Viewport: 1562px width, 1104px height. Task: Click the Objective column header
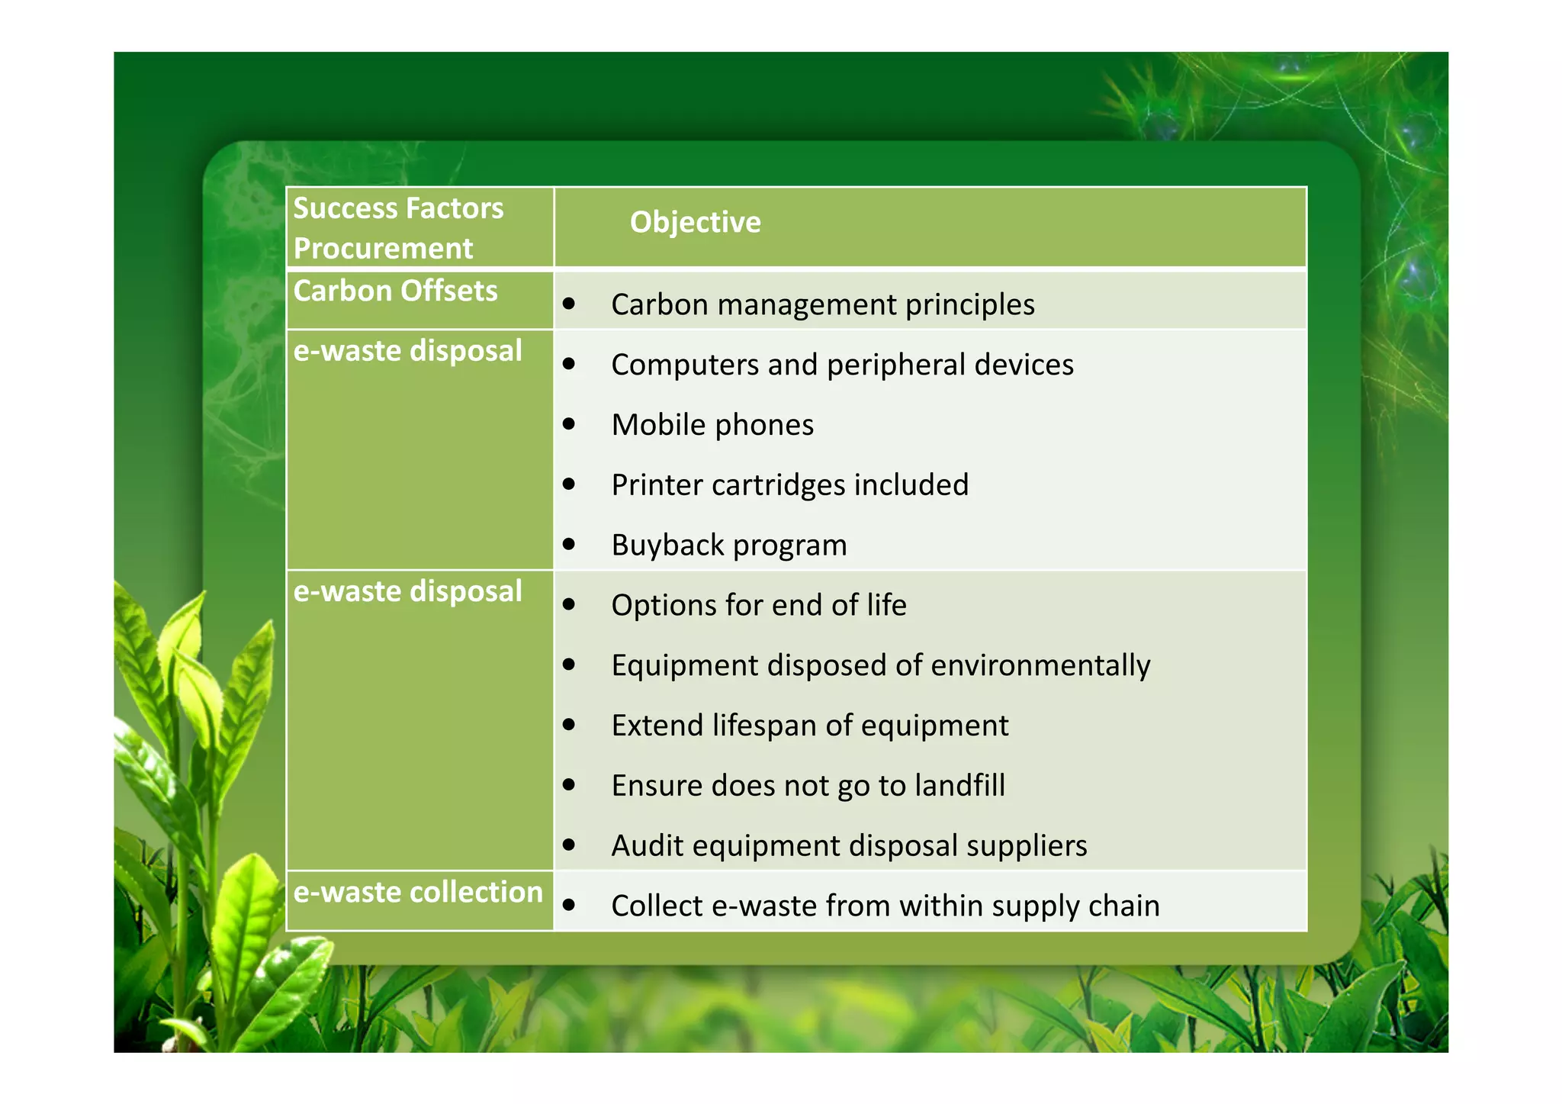coord(695,222)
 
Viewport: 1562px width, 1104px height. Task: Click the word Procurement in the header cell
coord(383,249)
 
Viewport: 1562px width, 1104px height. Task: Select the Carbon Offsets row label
coord(395,291)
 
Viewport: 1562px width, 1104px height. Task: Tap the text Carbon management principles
coord(822,304)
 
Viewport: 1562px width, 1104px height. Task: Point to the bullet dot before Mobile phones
coord(569,423)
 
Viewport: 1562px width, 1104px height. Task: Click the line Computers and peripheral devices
coord(842,365)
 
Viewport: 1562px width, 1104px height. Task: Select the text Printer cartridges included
coord(789,485)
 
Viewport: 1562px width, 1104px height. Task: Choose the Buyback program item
coord(728,545)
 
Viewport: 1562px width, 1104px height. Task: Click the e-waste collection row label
coord(417,892)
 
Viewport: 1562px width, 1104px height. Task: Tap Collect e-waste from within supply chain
coord(885,906)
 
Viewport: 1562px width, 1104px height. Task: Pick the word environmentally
coord(1040,665)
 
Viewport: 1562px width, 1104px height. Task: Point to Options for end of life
coord(758,605)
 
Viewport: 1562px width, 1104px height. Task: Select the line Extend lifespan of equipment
coord(809,726)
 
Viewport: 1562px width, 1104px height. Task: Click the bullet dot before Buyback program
coord(569,544)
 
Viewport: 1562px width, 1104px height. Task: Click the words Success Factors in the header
coord(398,208)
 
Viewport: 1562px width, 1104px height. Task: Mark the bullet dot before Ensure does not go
coord(569,784)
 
